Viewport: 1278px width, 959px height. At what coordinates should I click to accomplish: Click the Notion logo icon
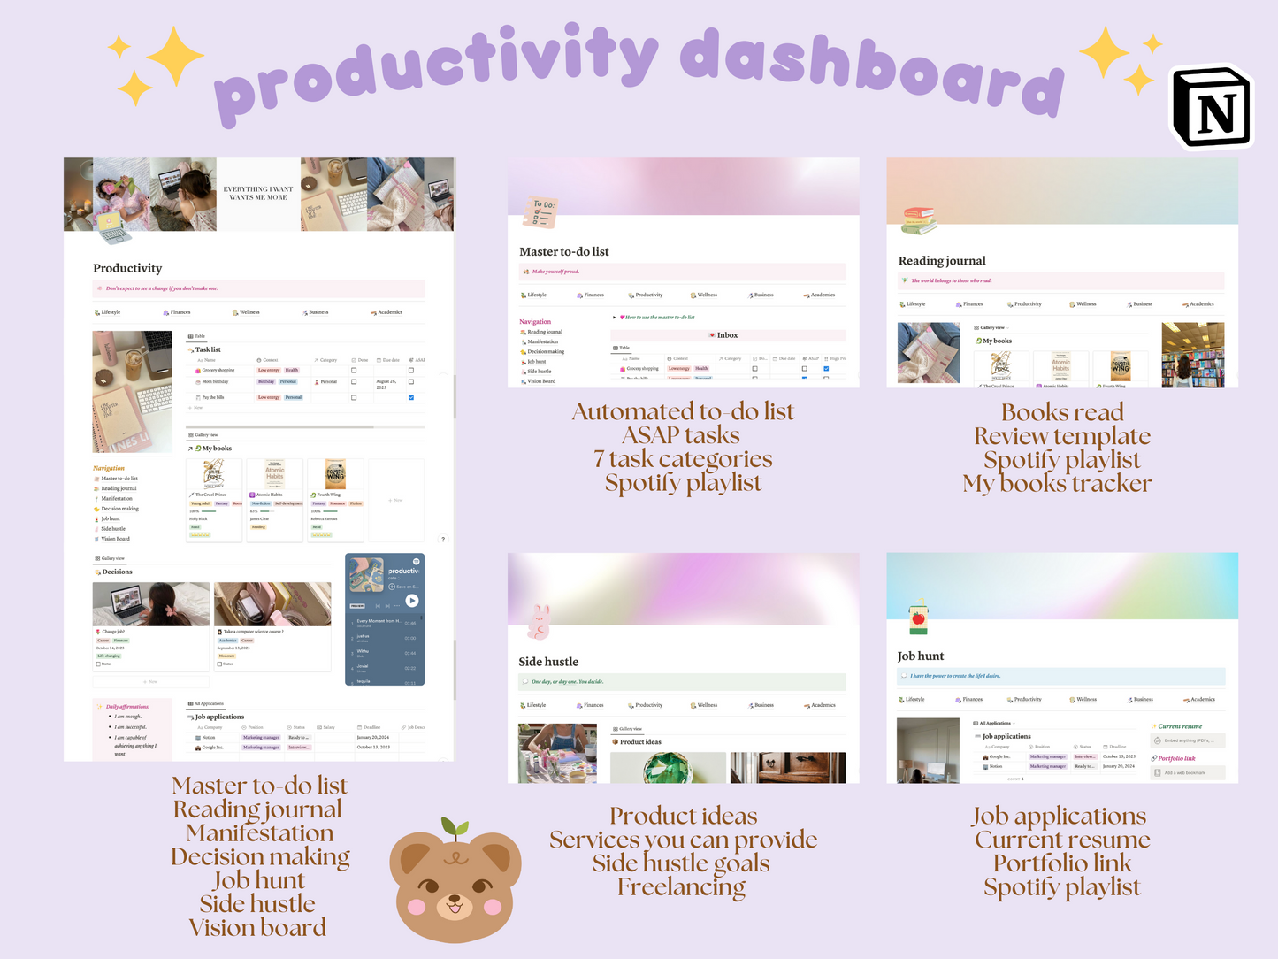coord(1213,108)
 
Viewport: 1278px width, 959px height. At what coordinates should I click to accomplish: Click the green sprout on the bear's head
coord(455,829)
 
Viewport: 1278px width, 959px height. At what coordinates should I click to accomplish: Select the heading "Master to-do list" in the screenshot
coord(564,251)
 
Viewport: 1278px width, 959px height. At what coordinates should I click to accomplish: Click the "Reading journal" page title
coord(942,261)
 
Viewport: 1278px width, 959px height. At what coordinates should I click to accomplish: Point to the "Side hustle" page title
coord(548,662)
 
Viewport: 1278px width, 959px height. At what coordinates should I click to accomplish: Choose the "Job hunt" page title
coord(921,656)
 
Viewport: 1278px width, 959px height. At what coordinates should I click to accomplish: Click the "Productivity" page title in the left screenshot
coord(127,268)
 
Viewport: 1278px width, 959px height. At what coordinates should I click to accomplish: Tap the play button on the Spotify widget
coord(411,601)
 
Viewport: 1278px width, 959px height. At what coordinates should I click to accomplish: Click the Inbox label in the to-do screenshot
coord(727,335)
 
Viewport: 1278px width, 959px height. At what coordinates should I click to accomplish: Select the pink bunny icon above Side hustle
coord(539,622)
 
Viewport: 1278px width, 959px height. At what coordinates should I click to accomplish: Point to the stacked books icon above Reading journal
coord(919,220)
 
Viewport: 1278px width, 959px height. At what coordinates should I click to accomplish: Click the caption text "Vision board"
coord(257,927)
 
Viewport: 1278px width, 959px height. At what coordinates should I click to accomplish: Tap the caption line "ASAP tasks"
coord(681,435)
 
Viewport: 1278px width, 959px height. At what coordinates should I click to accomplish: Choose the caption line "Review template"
coord(1062,436)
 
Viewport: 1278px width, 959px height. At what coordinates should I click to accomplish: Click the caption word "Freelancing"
coord(681,887)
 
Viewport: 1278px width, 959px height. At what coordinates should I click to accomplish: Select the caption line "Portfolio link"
coord(1062,863)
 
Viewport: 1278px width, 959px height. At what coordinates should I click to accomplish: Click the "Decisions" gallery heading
coord(117,572)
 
